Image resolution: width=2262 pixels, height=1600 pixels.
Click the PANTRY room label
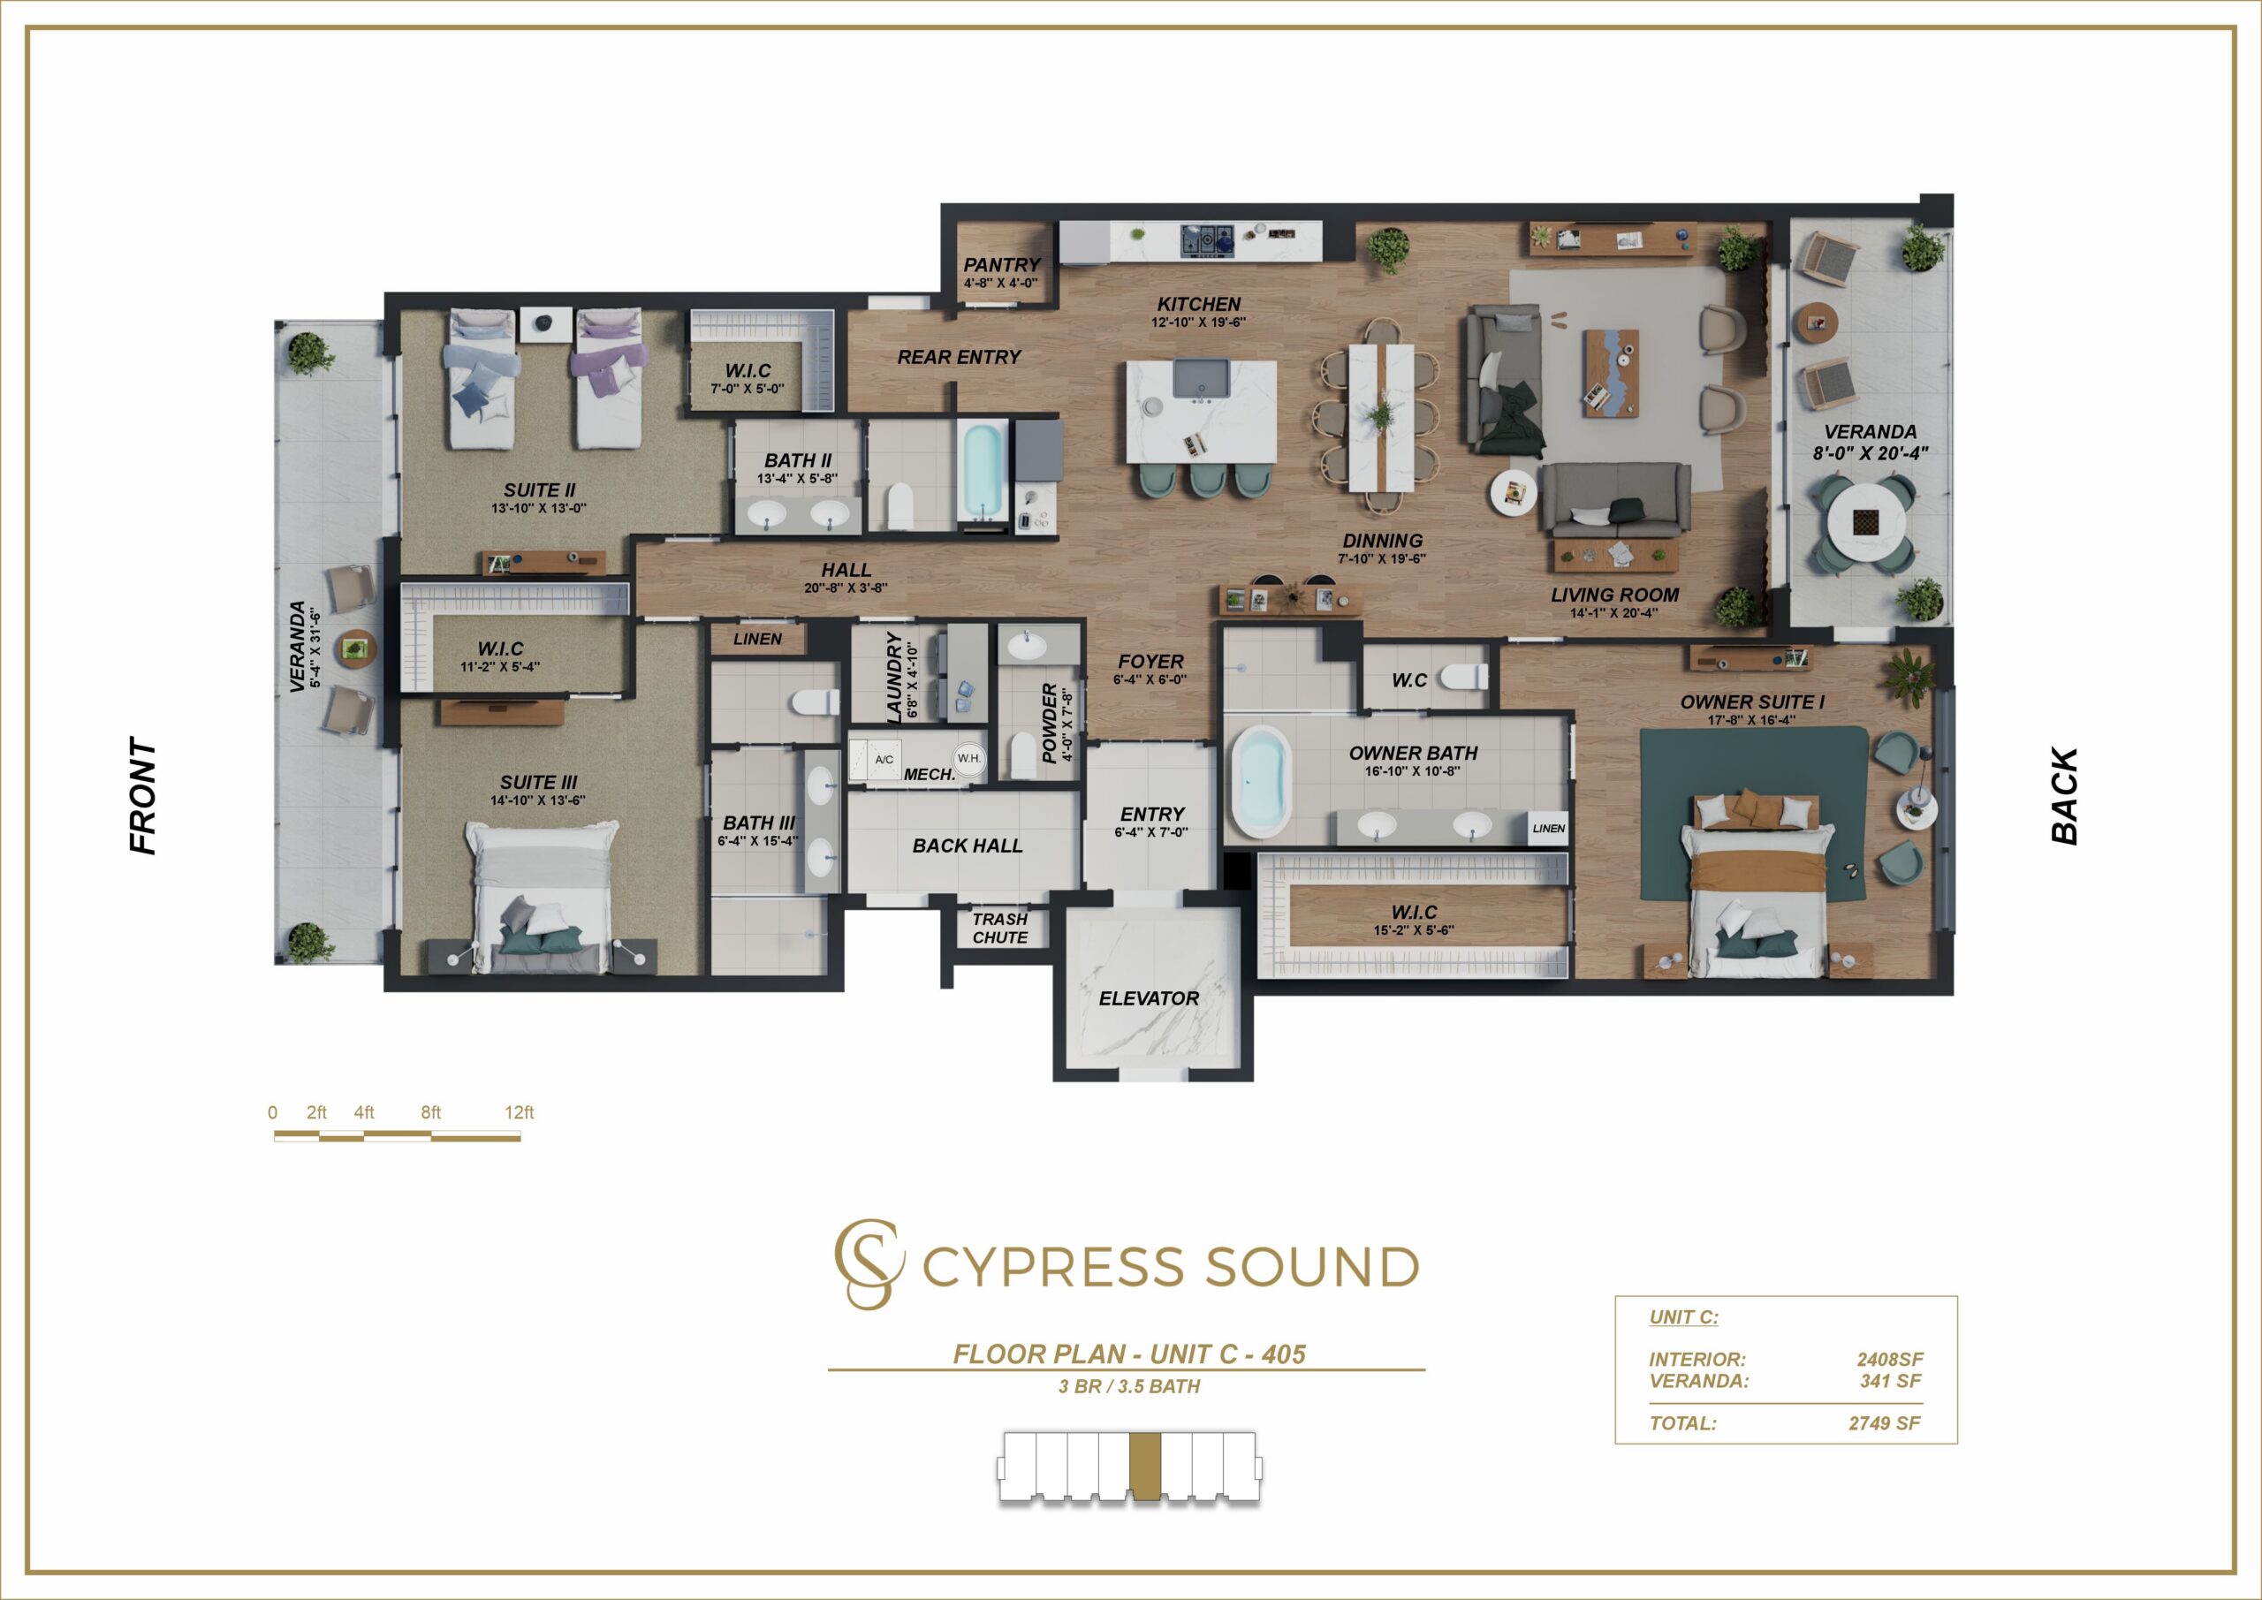click(1001, 265)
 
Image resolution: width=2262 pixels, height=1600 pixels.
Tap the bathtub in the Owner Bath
click(1261, 782)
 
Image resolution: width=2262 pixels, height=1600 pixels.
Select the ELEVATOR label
click(1149, 998)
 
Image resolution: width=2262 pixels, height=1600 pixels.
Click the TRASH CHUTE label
click(1000, 928)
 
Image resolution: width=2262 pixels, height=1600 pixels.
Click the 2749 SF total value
click(1885, 1422)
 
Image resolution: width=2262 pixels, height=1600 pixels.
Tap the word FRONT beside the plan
click(143, 795)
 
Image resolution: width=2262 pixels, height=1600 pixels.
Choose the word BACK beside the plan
click(2064, 795)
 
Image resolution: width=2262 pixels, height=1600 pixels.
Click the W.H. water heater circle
click(968, 758)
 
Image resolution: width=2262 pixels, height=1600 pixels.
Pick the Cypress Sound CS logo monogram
click(868, 1264)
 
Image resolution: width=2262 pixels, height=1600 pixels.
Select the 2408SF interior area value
click(1890, 1360)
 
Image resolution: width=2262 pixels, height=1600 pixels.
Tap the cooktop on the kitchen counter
click(1207, 239)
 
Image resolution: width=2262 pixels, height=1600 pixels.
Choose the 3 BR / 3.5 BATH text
click(1129, 1386)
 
